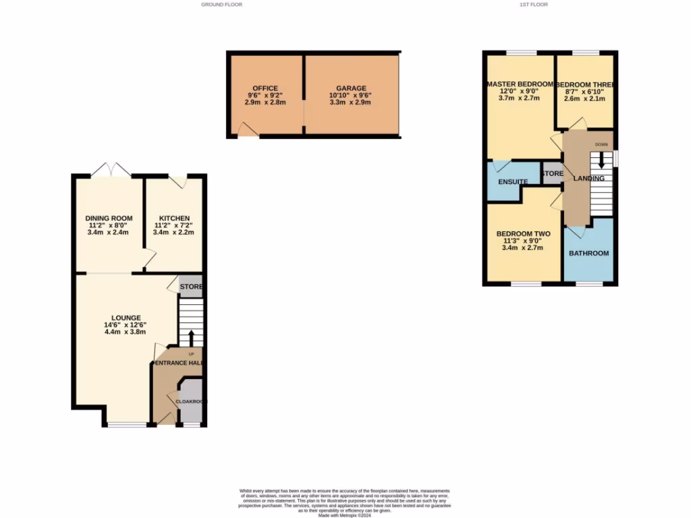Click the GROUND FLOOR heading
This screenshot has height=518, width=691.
click(221, 5)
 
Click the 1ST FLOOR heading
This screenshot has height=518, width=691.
click(533, 5)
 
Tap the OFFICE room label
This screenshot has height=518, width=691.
click(265, 88)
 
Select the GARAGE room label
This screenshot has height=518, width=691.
click(351, 88)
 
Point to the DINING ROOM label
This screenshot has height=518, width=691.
click(109, 218)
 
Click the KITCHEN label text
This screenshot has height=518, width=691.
click(173, 218)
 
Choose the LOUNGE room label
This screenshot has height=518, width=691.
click(126, 318)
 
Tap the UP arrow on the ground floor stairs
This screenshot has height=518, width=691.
click(192, 337)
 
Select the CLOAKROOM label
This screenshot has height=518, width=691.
click(191, 401)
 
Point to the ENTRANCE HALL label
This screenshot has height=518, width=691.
click(179, 363)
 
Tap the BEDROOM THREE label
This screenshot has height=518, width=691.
click(584, 84)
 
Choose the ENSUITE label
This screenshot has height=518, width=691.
click(513, 181)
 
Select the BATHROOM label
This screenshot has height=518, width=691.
click(588, 254)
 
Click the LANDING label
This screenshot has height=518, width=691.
click(588, 178)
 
